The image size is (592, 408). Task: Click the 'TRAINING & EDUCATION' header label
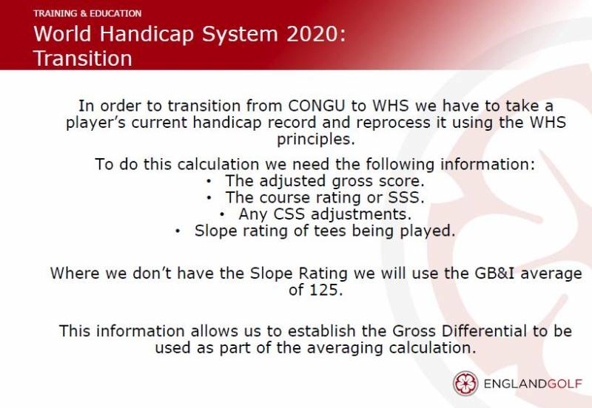(87, 13)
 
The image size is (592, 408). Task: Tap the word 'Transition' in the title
(83, 58)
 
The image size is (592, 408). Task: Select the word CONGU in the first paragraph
(317, 106)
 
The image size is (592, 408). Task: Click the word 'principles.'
(316, 139)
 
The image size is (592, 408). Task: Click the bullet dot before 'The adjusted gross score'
(209, 181)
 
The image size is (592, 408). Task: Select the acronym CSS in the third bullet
(289, 214)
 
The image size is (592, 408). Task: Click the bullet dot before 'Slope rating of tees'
(178, 231)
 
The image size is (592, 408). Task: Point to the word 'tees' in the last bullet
(329, 231)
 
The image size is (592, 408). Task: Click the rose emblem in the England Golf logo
(465, 384)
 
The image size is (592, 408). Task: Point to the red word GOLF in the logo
(565, 384)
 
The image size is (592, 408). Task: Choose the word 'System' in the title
(240, 34)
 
